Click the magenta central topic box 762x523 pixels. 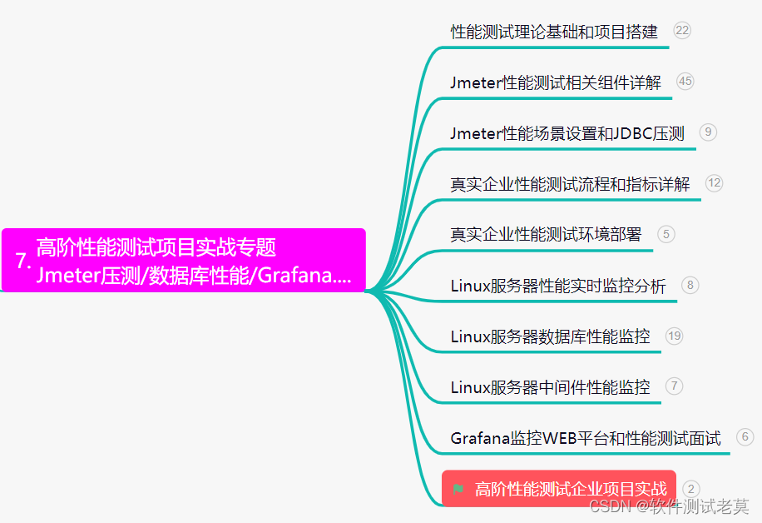183,261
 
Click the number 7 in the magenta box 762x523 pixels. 22,261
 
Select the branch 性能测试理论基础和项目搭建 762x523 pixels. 554,32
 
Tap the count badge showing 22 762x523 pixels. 682,31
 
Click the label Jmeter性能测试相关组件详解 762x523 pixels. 556,82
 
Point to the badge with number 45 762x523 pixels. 685,81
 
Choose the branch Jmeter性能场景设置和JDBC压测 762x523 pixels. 567,133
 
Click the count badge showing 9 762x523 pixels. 708,132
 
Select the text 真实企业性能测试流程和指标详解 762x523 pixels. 570,184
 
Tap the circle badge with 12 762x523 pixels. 714,182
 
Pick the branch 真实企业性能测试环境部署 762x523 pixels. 546,235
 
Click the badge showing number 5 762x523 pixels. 666,234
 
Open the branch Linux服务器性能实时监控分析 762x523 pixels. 558,286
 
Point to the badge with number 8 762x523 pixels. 690,285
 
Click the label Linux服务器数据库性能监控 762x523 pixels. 550,337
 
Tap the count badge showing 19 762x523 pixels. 674,336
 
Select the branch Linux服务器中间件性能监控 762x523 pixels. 550,387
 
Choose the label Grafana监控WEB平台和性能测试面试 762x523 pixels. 586,438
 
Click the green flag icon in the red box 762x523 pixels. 458,489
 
